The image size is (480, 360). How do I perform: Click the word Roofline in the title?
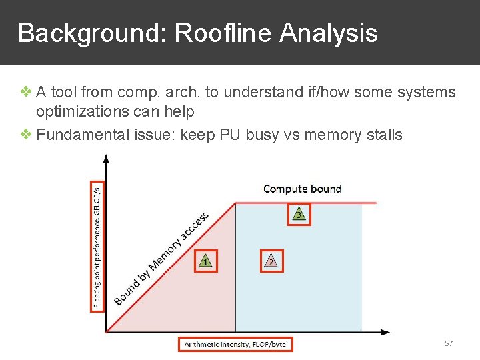223,33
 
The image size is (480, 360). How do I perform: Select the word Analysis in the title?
329,33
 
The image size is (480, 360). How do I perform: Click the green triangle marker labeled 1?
205,261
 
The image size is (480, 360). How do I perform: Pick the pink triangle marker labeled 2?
271,261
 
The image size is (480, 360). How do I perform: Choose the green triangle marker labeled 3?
299,214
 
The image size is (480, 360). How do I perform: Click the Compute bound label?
302,189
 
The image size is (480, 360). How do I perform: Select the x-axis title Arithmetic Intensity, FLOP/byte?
235,344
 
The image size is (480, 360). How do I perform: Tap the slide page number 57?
449,343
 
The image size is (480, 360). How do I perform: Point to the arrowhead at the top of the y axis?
106,159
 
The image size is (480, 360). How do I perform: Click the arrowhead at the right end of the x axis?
385,331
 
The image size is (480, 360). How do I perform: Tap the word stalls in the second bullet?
385,135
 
